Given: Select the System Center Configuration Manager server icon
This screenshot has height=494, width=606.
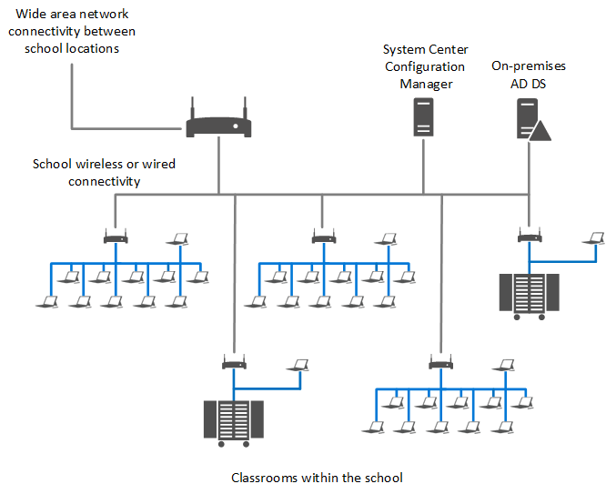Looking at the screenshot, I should pos(423,117).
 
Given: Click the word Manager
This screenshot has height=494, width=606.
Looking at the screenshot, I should pos(426,84).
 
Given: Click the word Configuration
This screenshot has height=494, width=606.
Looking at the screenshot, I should pos(425,66).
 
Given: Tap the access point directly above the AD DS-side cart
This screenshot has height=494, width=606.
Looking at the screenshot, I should pos(528,238).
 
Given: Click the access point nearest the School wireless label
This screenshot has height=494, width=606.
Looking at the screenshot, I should pos(116,239).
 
